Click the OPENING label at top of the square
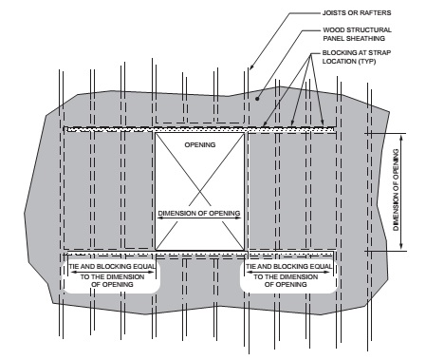point(200,144)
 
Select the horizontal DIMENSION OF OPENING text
point(200,211)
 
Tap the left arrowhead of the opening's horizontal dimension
point(159,218)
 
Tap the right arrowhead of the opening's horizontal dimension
point(241,218)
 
